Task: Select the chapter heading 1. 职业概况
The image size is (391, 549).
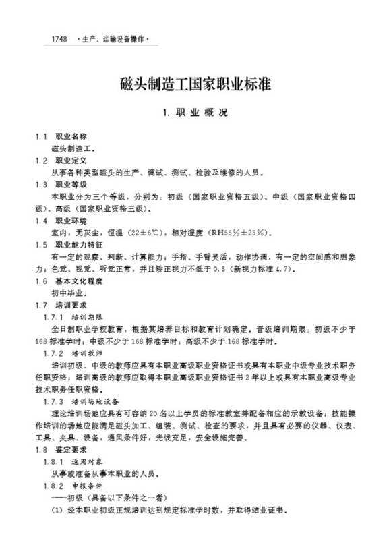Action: (x=195, y=113)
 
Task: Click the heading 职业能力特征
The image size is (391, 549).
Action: (x=79, y=245)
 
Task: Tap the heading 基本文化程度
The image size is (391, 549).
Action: (x=79, y=281)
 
